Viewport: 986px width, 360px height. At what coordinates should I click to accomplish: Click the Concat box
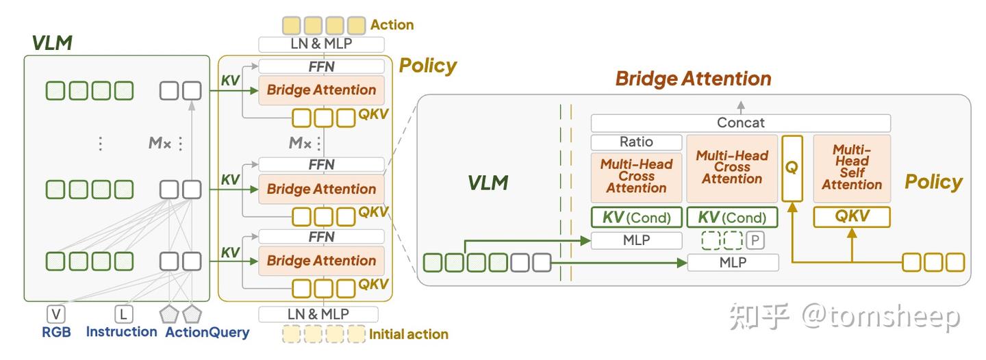pos(740,123)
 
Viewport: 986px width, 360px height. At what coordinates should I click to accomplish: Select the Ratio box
pos(636,142)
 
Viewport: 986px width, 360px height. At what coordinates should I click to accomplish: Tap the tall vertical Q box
pos(792,168)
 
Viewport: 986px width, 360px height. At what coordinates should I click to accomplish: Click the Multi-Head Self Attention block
pos(852,168)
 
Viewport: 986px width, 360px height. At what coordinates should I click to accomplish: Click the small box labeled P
pos(755,240)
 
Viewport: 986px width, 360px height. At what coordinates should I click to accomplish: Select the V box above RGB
pos(56,314)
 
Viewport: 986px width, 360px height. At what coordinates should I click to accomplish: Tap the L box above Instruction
pos(123,314)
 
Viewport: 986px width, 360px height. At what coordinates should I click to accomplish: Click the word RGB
pos(56,332)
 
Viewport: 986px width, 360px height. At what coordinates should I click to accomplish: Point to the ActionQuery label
pos(207,332)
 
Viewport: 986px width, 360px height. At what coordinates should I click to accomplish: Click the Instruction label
pos(121,331)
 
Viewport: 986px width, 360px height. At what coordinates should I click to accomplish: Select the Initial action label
pos(409,335)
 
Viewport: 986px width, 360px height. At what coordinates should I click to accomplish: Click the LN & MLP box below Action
pos(321,44)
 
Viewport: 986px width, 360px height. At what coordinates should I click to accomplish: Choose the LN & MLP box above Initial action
pos(318,314)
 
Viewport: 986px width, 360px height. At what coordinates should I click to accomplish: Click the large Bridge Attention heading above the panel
pos(693,79)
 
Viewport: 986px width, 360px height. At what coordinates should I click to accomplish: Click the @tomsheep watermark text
pos(881,316)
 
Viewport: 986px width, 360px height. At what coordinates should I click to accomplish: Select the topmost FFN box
pos(321,66)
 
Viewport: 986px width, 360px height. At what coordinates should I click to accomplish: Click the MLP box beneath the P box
pos(733,263)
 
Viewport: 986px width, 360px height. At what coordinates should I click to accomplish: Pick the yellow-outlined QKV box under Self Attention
pos(852,216)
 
